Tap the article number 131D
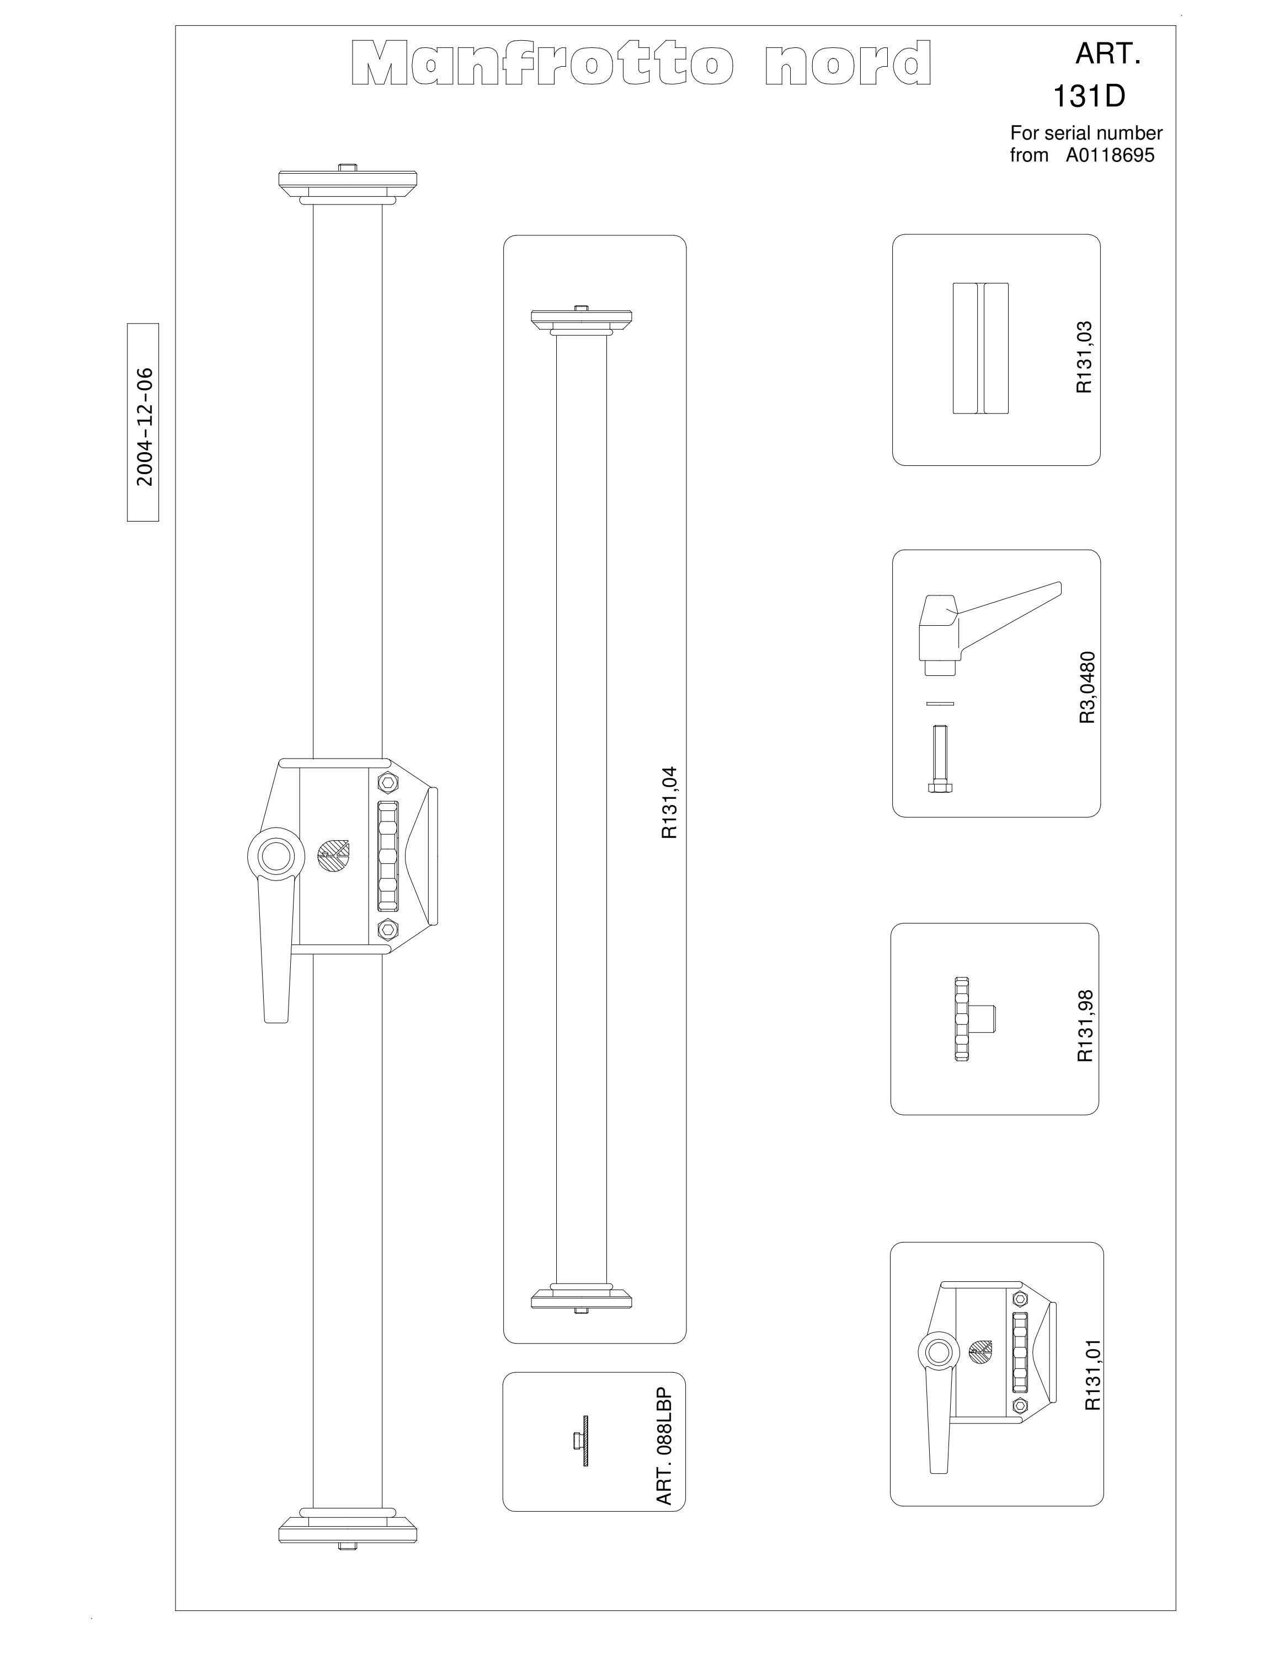[x=1089, y=96]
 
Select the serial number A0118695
[x=1110, y=156]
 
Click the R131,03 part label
[x=1084, y=357]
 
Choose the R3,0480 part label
[x=1088, y=688]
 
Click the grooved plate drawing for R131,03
[x=980, y=348]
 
